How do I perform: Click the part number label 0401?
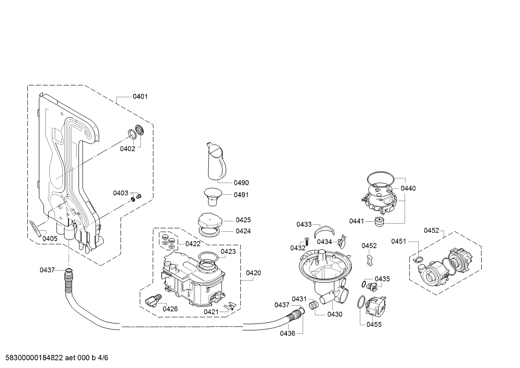140,96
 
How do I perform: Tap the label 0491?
241,195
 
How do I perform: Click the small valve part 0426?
151,300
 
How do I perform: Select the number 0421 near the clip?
211,311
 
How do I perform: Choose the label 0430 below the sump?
335,314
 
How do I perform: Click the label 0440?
408,188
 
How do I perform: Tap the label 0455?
374,324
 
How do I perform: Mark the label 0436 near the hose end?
287,333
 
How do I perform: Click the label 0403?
120,193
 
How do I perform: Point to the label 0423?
228,251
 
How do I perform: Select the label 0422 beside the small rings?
193,243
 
